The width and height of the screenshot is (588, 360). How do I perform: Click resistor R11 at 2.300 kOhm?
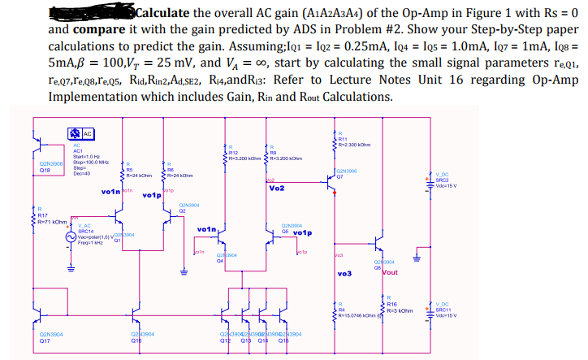[x=335, y=137]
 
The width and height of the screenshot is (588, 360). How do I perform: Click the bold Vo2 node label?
[x=276, y=189]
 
